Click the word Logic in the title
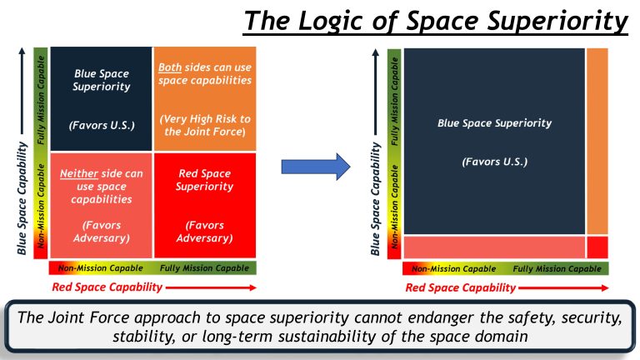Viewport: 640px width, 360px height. [x=342, y=21]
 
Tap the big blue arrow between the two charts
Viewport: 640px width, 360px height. [x=317, y=166]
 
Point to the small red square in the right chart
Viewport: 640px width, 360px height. [x=597, y=247]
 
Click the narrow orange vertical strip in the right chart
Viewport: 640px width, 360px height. [x=597, y=142]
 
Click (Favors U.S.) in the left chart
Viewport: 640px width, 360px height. [x=102, y=126]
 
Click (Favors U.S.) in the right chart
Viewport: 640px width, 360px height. [x=494, y=161]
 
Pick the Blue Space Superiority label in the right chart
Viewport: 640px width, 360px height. [x=494, y=123]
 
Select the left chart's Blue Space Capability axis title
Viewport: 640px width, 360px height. [x=22, y=197]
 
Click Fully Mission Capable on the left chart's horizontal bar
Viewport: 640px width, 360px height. [x=205, y=268]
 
